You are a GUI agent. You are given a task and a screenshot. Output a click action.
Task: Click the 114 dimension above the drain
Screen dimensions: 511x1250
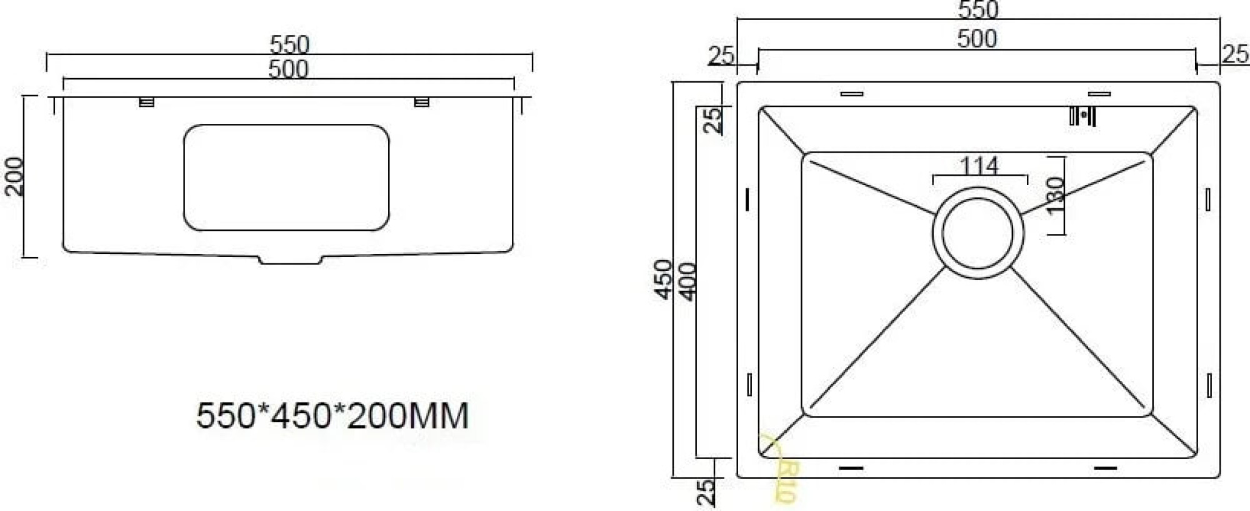click(979, 166)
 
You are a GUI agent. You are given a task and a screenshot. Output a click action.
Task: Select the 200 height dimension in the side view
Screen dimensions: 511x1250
click(14, 176)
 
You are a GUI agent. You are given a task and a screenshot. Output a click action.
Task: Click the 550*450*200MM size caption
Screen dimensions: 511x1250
click(332, 415)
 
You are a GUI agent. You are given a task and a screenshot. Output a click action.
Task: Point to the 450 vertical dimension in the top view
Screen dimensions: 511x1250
click(663, 280)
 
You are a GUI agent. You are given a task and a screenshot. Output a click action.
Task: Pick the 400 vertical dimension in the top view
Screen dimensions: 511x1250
click(687, 281)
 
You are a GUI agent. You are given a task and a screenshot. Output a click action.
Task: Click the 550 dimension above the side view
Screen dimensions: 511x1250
click(289, 44)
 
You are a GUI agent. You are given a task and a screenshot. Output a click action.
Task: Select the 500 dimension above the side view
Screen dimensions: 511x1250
click(288, 69)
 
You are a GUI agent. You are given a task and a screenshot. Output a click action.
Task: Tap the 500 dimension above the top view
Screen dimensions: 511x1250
click(977, 39)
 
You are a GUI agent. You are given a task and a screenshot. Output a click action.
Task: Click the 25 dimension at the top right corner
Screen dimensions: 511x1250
click(1235, 54)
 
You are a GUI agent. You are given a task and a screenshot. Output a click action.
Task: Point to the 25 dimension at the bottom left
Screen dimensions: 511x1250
click(705, 492)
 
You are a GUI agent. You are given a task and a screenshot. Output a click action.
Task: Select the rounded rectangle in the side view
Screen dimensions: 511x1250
click(286, 177)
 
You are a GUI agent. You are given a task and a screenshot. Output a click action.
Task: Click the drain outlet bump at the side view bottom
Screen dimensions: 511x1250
click(291, 260)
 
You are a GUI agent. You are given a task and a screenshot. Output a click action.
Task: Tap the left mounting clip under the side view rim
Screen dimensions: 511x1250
click(146, 101)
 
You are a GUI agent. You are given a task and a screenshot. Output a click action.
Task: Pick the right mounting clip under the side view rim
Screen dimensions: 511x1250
click(422, 101)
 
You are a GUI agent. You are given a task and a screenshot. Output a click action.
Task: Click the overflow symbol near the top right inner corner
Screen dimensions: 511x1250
click(1082, 116)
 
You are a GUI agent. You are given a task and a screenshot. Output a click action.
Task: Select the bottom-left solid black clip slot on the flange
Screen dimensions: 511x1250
click(851, 467)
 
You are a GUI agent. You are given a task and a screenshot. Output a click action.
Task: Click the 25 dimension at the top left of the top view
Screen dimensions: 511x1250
click(721, 56)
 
